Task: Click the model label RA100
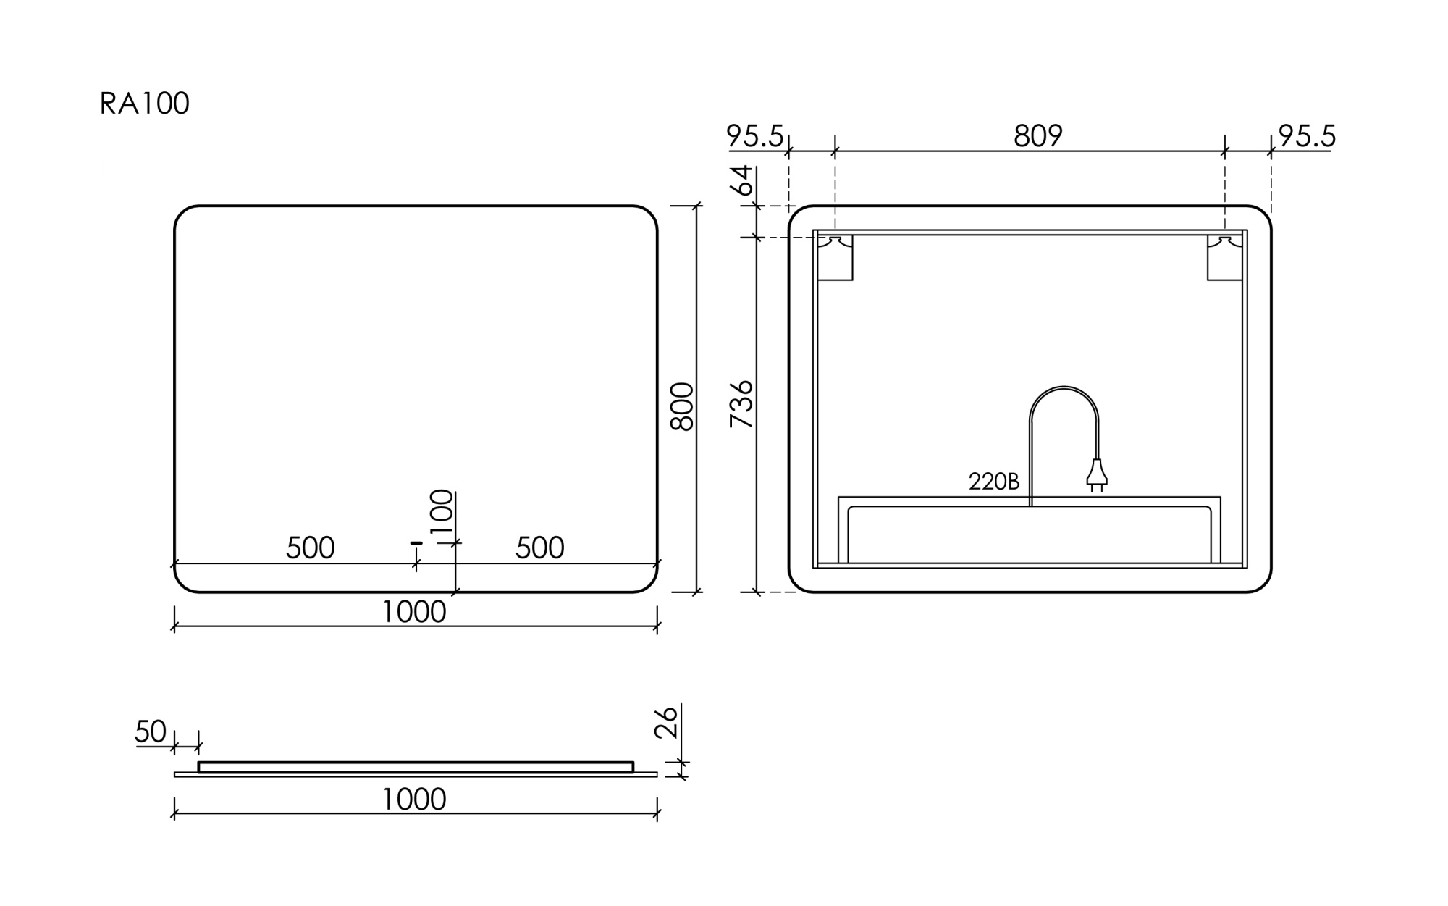[x=144, y=104]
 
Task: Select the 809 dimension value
[x=1037, y=136]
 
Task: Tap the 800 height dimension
[x=682, y=407]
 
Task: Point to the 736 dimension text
[x=741, y=404]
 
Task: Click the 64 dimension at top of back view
[x=741, y=180]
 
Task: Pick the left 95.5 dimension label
[x=754, y=136]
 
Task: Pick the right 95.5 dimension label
[x=1307, y=136]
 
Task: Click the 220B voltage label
[x=993, y=482]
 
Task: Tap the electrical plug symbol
[x=1096, y=474]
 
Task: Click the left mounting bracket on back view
[x=835, y=257]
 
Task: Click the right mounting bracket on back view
[x=1224, y=257]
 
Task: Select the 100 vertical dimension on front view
[x=442, y=511]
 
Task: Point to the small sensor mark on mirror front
[x=416, y=542]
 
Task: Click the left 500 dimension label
[x=310, y=548]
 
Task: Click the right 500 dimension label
[x=539, y=548]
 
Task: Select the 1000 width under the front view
[x=413, y=613]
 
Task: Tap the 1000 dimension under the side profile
[x=413, y=800]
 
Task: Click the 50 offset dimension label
[x=151, y=732]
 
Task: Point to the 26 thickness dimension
[x=666, y=722]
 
